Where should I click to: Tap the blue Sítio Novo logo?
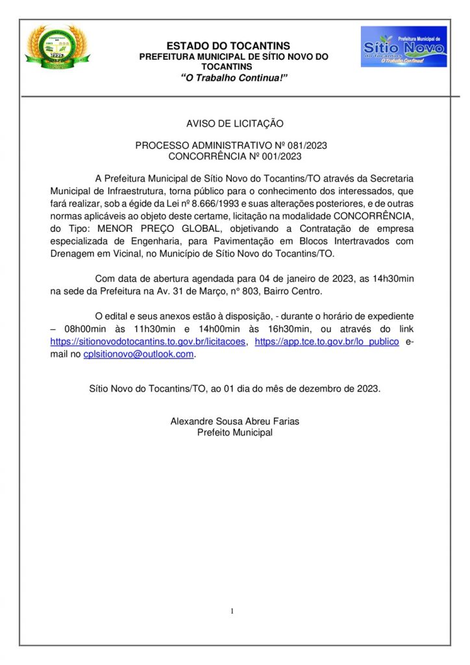click(403, 47)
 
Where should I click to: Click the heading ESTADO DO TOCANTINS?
click(228, 46)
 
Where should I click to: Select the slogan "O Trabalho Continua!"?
click(234, 78)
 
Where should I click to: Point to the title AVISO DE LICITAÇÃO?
click(234, 123)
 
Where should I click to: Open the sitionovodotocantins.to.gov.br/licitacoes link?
click(148, 342)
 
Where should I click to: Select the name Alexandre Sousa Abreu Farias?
click(234, 421)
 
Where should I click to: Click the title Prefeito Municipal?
click(234, 433)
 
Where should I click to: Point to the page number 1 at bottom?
click(232, 612)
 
